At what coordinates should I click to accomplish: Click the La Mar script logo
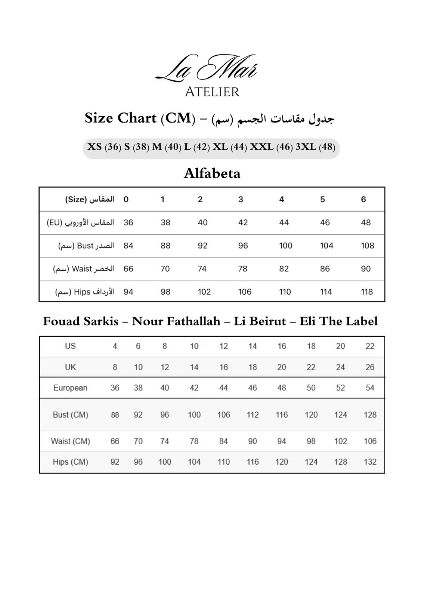point(207,68)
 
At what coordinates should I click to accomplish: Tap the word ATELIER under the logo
point(212,92)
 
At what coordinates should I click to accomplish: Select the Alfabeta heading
point(212,173)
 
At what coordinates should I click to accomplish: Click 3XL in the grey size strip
point(306,147)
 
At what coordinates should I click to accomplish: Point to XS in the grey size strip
point(95,147)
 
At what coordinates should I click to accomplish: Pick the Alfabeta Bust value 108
point(367,246)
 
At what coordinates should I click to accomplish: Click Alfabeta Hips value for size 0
point(128,292)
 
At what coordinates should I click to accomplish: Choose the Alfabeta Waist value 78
point(243,269)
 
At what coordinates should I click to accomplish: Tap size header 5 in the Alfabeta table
point(322,199)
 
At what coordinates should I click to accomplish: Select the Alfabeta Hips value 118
point(367,292)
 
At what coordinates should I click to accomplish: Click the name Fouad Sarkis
point(81,321)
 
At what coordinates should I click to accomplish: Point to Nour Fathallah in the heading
point(176,321)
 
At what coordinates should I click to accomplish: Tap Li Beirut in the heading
point(260,321)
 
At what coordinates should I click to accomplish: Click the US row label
point(70,346)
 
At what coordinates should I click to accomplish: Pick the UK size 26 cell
point(370,367)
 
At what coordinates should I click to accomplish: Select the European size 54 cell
point(370,388)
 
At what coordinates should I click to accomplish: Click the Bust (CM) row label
point(71,415)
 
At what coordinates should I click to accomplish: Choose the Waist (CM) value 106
point(370,441)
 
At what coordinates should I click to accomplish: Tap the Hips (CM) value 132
point(370,462)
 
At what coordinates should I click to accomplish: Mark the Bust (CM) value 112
point(253,415)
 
